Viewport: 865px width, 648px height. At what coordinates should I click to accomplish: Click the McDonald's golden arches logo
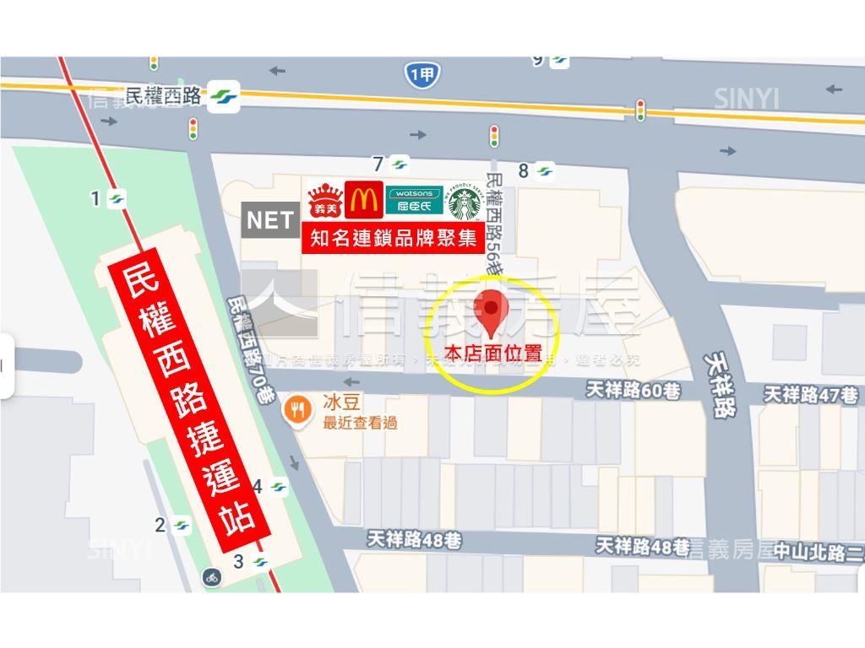click(364, 200)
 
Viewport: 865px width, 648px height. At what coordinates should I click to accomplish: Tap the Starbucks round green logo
click(465, 203)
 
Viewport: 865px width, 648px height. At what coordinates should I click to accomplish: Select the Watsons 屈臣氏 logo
click(415, 200)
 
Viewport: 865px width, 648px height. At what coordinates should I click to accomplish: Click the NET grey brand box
click(270, 220)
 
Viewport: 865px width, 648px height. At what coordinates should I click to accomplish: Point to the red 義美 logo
click(324, 201)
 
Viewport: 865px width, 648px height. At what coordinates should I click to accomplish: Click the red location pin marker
click(492, 313)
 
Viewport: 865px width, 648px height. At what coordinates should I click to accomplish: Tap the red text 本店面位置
click(492, 354)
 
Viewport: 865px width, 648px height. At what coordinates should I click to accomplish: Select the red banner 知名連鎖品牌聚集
click(394, 239)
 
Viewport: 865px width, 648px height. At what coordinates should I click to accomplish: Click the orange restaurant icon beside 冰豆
click(296, 409)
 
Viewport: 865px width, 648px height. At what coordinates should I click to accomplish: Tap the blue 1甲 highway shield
click(422, 76)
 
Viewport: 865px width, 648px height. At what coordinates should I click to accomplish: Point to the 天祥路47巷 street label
click(811, 393)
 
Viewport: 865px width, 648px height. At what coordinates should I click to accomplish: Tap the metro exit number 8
click(524, 171)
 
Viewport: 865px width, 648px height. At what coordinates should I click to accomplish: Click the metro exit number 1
click(96, 198)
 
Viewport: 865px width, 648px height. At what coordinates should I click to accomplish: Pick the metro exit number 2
click(160, 525)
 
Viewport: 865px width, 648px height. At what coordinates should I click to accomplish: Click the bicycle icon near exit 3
click(211, 577)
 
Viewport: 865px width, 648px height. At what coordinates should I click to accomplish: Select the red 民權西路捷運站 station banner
click(189, 404)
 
